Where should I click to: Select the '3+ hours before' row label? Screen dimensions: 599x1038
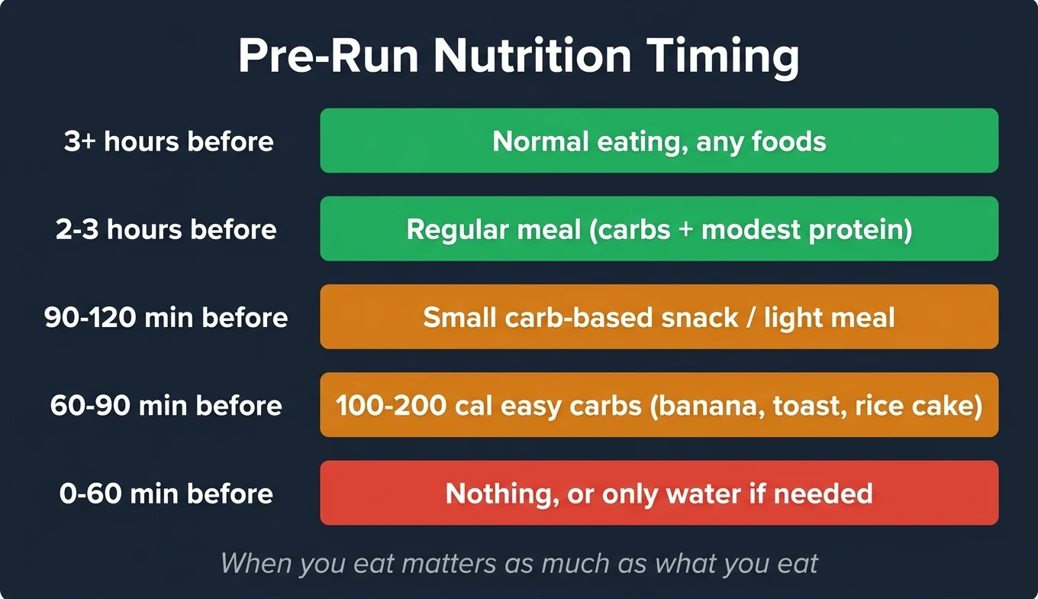pyautogui.click(x=169, y=141)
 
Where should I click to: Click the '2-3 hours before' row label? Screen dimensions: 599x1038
pyautogui.click(x=166, y=229)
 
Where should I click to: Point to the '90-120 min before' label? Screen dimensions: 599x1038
pyautogui.click(x=166, y=317)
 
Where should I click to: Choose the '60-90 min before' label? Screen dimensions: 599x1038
pyautogui.click(x=166, y=405)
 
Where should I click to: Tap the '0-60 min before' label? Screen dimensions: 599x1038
pyautogui.click(x=166, y=494)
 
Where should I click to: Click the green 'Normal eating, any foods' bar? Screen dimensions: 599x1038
pyautogui.click(x=659, y=141)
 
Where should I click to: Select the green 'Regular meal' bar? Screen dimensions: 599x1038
pyautogui.click(x=659, y=228)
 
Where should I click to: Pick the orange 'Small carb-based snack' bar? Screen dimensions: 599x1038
pyautogui.click(x=659, y=316)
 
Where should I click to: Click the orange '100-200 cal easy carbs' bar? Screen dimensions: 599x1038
pyautogui.click(x=659, y=405)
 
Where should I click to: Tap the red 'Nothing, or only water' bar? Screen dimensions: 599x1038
pyautogui.click(x=659, y=493)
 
